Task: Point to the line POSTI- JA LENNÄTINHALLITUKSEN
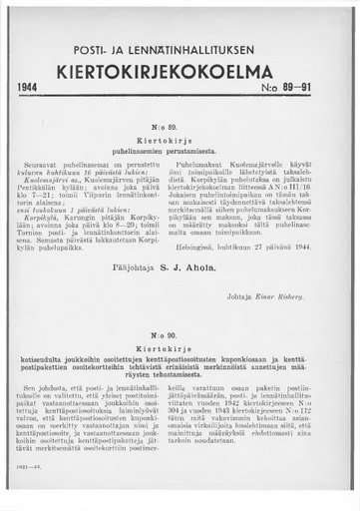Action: click(180, 49)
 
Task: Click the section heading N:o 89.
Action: click(180, 129)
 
